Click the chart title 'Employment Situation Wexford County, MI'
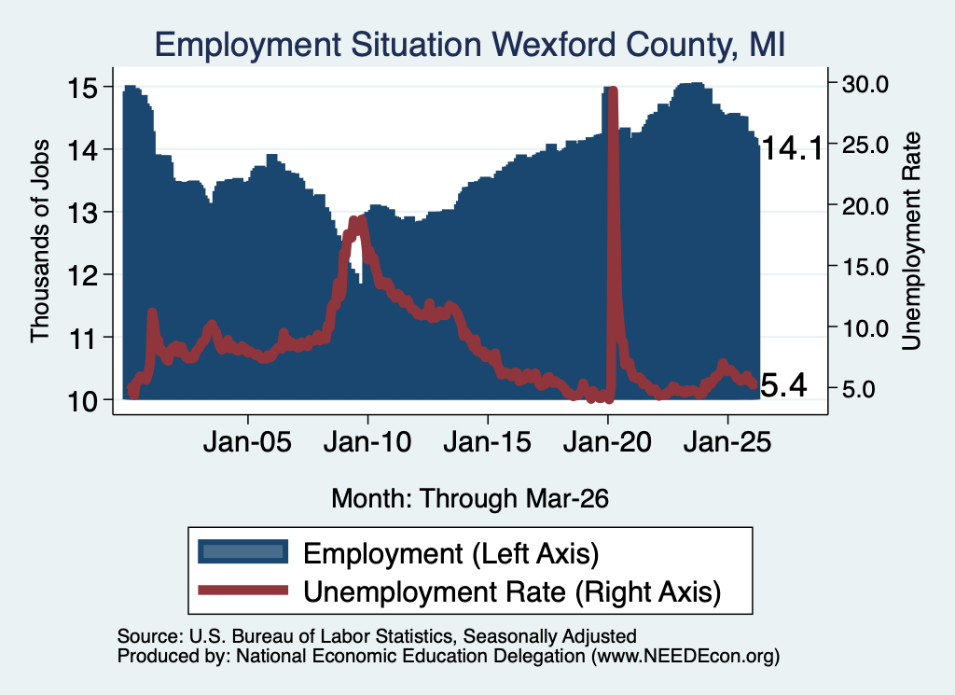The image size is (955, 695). pyautogui.click(x=470, y=45)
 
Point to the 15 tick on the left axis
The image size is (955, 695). pyautogui.click(x=82, y=89)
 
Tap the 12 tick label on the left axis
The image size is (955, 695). pyautogui.click(x=82, y=276)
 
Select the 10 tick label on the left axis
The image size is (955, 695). pyautogui.click(x=82, y=402)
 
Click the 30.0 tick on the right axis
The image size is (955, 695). pyautogui.click(x=865, y=84)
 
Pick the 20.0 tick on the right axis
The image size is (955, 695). pyautogui.click(x=865, y=206)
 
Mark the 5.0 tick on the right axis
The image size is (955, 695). pyautogui.click(x=858, y=389)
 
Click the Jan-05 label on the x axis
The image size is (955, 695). pyautogui.click(x=247, y=442)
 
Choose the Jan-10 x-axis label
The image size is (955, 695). pyautogui.click(x=367, y=442)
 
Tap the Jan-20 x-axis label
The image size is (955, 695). pyautogui.click(x=607, y=442)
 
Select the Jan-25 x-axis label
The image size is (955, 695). pyautogui.click(x=727, y=442)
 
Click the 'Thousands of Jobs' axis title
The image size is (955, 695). pyautogui.click(x=39, y=242)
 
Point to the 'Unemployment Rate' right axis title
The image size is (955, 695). pyautogui.click(x=910, y=242)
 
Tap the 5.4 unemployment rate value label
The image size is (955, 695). pyautogui.click(x=784, y=385)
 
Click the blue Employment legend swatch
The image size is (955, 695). pyautogui.click(x=243, y=552)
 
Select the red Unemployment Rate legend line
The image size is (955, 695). pyautogui.click(x=243, y=590)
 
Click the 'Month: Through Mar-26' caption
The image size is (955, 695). pyautogui.click(x=470, y=498)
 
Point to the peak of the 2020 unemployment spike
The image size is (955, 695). pyautogui.click(x=613, y=90)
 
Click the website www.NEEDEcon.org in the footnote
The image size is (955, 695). pyautogui.click(x=685, y=656)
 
